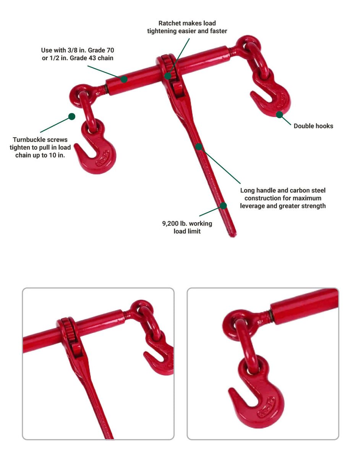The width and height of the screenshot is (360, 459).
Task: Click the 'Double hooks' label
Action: pyautogui.click(x=313, y=126)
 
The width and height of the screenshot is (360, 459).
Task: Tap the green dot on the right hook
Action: pyautogui.click(x=279, y=114)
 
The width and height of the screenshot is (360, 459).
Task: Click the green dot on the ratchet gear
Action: pyautogui.click(x=168, y=76)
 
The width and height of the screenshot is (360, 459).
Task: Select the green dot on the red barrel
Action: pyautogui.click(x=124, y=80)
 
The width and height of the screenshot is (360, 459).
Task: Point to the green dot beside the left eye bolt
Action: pyautogui.click(x=71, y=116)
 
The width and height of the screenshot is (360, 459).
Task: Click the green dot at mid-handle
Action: pyautogui.click(x=199, y=146)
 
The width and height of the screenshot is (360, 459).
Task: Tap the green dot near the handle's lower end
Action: pyautogui.click(x=223, y=206)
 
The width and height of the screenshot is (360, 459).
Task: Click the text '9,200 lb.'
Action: pyautogui.click(x=175, y=223)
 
